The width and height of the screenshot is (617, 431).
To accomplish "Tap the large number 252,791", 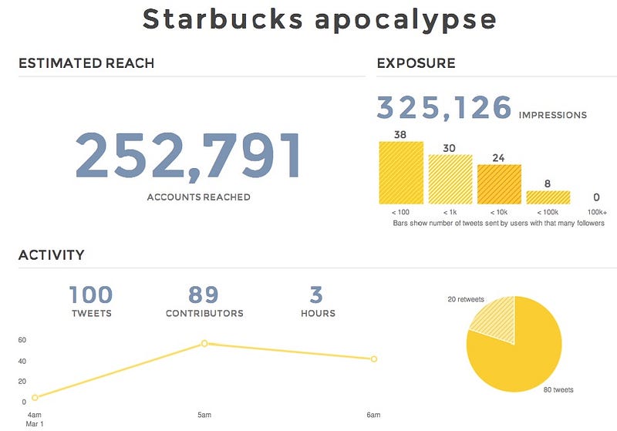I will click(x=187, y=157).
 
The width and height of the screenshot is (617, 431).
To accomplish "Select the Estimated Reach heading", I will click(x=86, y=63).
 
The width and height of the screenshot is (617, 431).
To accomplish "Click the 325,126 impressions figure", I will click(x=443, y=108).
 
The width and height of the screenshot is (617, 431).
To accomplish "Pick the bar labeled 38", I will click(x=400, y=173).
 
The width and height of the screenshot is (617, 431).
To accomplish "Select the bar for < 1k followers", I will click(x=450, y=179).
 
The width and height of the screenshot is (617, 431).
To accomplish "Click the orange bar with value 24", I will click(x=498, y=184).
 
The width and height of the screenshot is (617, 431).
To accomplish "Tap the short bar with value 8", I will click(x=548, y=197).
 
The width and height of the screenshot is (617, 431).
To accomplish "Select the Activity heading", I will click(x=52, y=255).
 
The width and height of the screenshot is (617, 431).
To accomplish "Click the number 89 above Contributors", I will click(x=204, y=295).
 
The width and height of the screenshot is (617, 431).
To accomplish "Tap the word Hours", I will click(x=318, y=313).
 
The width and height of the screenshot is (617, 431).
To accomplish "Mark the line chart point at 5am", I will click(x=204, y=343).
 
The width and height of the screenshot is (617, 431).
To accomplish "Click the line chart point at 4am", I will click(x=35, y=398).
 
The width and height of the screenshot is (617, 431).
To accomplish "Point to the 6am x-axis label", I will click(x=373, y=415).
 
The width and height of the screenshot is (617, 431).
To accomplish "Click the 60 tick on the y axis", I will click(x=22, y=339).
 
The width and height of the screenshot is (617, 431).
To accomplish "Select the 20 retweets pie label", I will click(x=466, y=298).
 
